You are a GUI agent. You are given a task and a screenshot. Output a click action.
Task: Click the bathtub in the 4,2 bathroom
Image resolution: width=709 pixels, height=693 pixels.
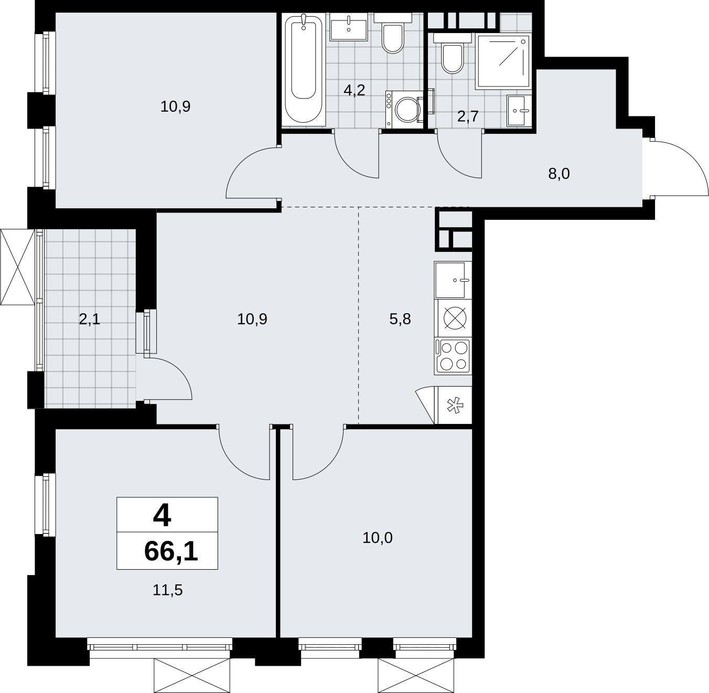pos(304,69)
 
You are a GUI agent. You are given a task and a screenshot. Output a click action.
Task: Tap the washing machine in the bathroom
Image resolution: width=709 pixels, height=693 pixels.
pos(405,109)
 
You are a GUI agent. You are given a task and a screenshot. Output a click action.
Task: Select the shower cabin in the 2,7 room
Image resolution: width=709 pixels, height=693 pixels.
pos(503,61)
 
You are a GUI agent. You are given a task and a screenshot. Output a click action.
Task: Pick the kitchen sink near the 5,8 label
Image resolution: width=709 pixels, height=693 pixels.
pos(453,280)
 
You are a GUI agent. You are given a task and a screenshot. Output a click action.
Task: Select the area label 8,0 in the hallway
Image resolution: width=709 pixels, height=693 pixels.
pos(559,174)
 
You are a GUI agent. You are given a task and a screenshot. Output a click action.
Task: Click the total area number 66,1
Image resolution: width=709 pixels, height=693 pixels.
pos(171,551)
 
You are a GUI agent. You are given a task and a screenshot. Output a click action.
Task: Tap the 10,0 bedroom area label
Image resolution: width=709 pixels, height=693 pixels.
pos(378,538)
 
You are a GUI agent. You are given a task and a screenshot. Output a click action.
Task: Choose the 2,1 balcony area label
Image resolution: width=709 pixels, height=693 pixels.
pos(89,319)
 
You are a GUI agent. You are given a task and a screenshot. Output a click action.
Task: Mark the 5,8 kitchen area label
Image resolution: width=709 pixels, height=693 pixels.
pos(400,319)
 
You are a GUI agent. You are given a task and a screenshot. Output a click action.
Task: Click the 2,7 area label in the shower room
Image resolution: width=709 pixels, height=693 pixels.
pos(468,116)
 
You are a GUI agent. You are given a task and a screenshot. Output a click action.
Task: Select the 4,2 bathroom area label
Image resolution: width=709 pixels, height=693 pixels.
pos(354,90)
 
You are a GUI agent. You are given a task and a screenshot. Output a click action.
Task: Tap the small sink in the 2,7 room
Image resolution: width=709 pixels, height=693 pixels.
pos(519,111)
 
